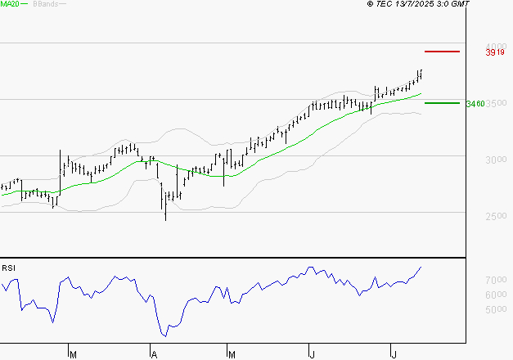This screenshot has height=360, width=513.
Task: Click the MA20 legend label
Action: (11, 4)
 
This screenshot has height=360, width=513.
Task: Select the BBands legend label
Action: (45, 4)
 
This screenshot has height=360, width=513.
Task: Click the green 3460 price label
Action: (475, 104)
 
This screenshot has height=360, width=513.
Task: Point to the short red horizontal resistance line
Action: (443, 52)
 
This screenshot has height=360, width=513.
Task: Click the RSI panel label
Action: (9, 268)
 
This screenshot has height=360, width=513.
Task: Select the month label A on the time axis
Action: (153, 354)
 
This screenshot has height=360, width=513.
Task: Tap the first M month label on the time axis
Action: (73, 354)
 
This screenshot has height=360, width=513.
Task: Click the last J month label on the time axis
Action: (394, 354)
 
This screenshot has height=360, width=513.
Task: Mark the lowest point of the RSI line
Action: (164, 335)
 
